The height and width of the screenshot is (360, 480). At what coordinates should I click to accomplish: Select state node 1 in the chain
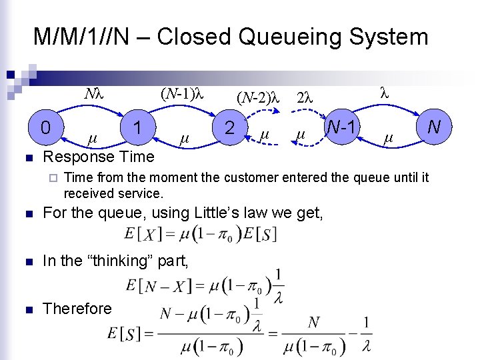137,127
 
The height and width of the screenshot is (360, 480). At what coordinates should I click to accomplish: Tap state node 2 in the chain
229,127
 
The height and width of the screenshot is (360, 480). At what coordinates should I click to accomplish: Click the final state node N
433,126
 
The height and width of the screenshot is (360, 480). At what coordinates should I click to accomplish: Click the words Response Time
98,157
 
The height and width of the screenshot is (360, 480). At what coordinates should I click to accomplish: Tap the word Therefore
77,309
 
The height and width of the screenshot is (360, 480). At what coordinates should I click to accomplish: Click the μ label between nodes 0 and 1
93,139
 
